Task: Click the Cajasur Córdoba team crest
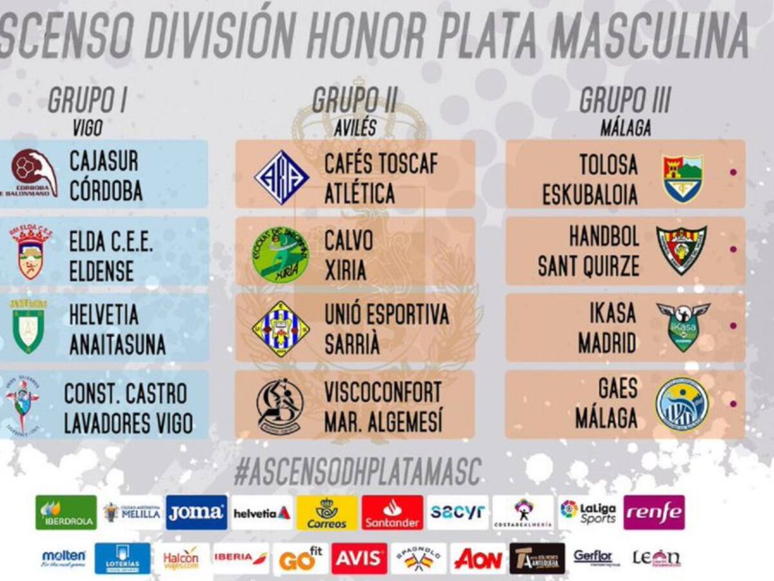tap(34, 173)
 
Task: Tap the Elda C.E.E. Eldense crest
tap(30, 252)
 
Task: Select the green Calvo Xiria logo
tap(280, 253)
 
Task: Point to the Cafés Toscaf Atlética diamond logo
tap(281, 177)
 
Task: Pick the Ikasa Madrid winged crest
tap(682, 327)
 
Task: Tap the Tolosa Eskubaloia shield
tap(682, 177)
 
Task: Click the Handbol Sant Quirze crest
tap(681, 249)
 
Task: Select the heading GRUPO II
tap(354, 101)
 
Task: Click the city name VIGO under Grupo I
tap(87, 128)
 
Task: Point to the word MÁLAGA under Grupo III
tap(625, 128)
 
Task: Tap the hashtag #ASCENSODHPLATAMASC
tap(357, 472)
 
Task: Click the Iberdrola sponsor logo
tap(66, 513)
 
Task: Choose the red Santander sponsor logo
tap(392, 513)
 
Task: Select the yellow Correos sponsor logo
tap(327, 513)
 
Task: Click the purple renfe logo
tap(653, 513)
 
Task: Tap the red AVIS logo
tap(359, 558)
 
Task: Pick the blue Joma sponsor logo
tap(196, 513)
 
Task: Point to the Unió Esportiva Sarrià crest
tap(281, 329)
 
